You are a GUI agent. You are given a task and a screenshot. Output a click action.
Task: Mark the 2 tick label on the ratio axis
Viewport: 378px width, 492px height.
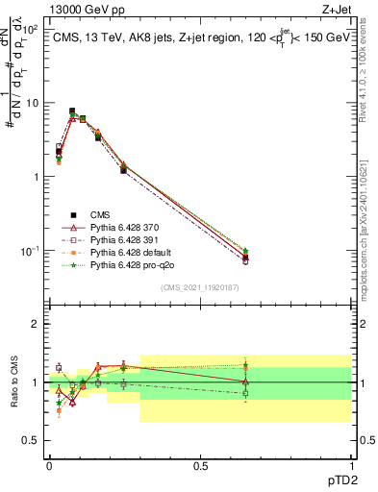(36, 324)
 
